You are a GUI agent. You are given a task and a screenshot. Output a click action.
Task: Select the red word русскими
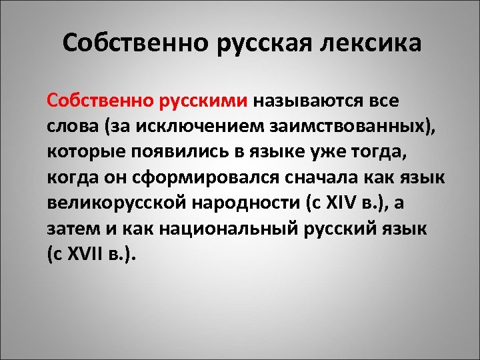(204, 101)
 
